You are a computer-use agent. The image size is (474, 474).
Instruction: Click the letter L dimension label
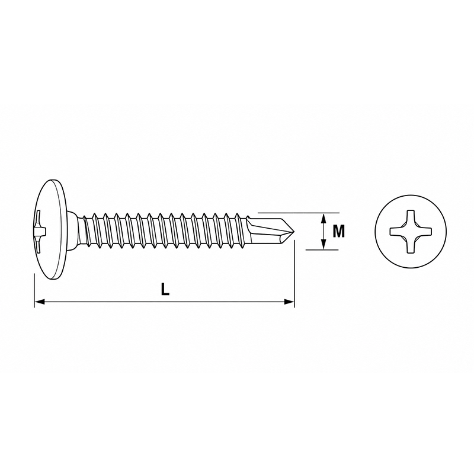pos(165,289)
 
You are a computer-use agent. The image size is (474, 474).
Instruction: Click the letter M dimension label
pos(338,232)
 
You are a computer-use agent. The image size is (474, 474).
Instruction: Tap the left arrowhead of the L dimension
pos(40,302)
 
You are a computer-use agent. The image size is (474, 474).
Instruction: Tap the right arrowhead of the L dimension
pos(289,302)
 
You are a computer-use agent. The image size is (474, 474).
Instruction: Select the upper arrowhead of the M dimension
pos(324,219)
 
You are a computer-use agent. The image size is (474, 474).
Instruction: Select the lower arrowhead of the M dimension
pos(324,244)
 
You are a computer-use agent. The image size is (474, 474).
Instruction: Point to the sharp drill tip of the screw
pos(294,232)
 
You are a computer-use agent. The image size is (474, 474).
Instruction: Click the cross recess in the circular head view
pos(411,232)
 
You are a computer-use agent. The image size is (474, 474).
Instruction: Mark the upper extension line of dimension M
pos(299,213)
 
